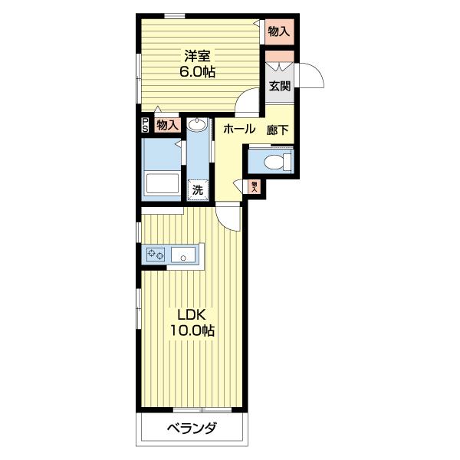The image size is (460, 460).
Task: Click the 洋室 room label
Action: click(x=197, y=56)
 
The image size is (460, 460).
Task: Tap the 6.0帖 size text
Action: click(x=197, y=71)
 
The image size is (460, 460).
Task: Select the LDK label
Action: click(x=192, y=315)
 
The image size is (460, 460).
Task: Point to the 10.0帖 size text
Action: click(x=192, y=330)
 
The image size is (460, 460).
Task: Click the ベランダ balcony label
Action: click(x=192, y=428)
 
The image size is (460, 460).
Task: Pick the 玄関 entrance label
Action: click(x=280, y=86)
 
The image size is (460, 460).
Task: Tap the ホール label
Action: click(x=239, y=129)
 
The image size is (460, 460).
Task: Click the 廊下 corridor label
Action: click(x=278, y=130)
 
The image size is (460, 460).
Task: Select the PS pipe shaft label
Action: click(x=145, y=125)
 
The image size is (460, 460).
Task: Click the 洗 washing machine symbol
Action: click(x=198, y=189)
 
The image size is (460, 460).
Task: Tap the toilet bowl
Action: click(x=274, y=162)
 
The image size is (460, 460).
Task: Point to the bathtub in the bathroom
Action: click(x=163, y=184)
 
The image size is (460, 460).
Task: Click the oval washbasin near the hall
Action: click(x=198, y=125)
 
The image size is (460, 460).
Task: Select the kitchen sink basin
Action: click(x=183, y=255)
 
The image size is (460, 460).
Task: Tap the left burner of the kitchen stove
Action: click(x=151, y=253)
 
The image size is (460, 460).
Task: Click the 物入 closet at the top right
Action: click(x=279, y=31)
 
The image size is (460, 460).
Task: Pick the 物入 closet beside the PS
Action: click(x=167, y=126)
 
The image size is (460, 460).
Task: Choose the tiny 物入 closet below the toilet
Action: click(x=254, y=186)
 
